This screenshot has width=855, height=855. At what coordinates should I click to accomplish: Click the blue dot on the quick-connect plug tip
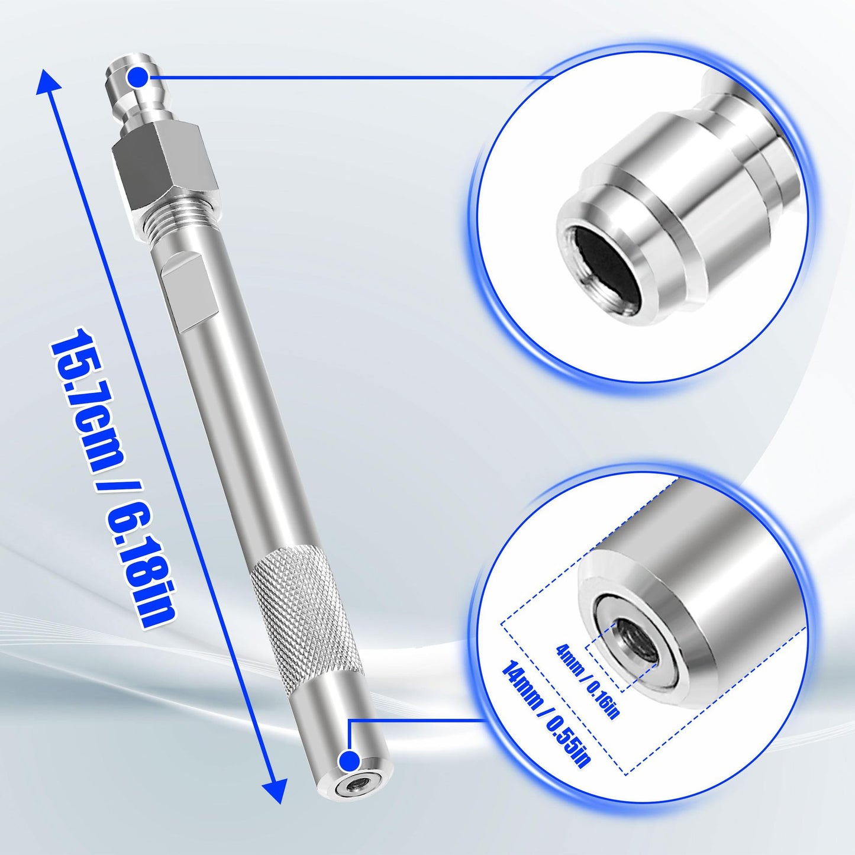tap(138, 76)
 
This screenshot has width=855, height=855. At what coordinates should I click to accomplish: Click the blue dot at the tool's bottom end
tap(350, 761)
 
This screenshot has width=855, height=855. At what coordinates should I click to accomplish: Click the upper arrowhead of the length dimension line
tap(49, 82)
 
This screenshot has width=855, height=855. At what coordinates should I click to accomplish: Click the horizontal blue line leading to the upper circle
tap(343, 77)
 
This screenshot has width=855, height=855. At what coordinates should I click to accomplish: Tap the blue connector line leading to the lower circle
tap(414, 720)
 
